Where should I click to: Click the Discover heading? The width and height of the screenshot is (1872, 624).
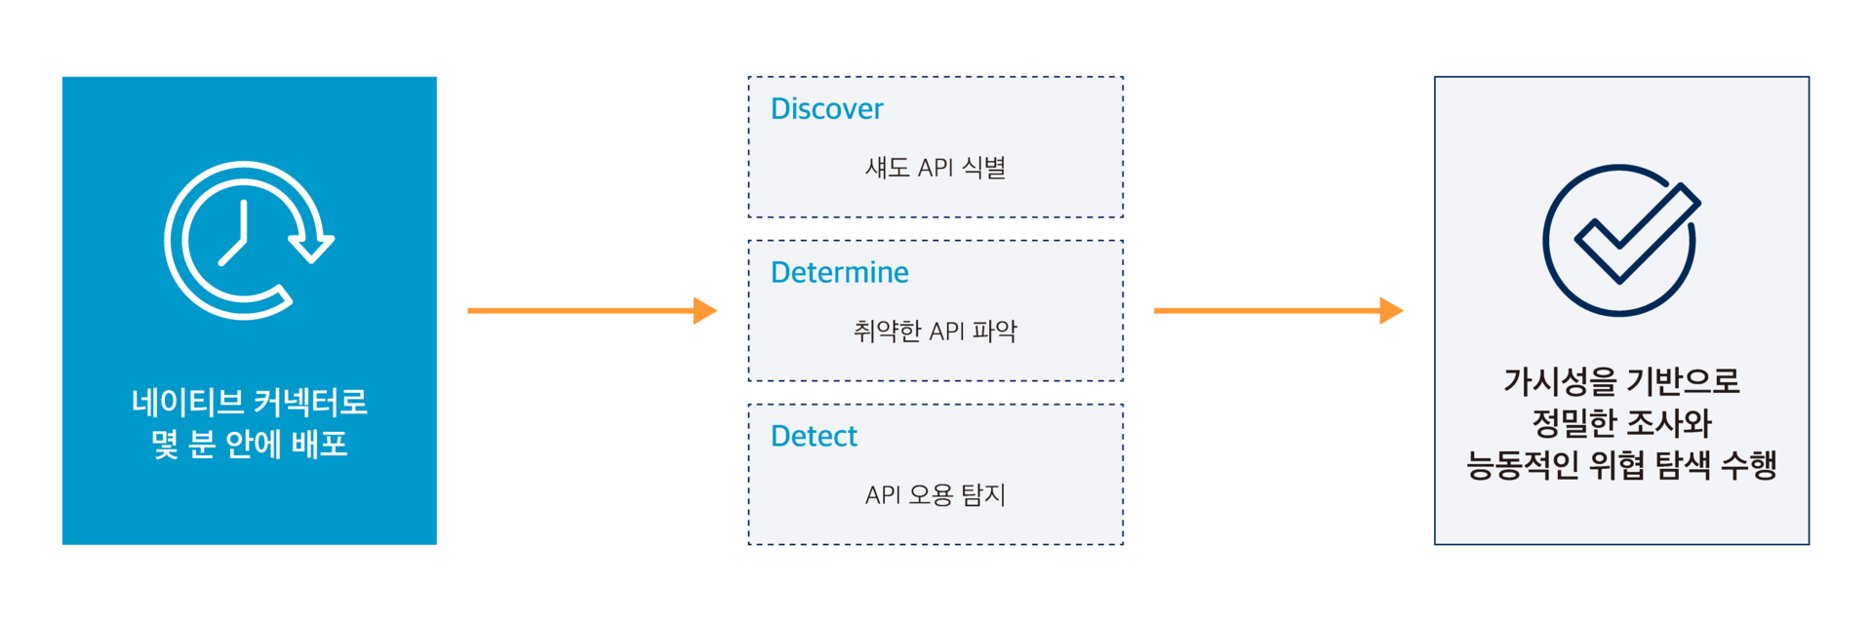826,108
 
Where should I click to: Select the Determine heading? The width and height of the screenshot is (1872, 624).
839,272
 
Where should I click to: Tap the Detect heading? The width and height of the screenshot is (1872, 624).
814,436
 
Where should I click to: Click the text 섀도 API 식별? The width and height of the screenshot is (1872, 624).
936,168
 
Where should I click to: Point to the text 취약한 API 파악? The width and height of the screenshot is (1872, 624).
936,331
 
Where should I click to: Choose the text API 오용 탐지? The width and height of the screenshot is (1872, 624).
936,495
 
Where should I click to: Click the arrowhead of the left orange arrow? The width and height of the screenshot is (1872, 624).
705,311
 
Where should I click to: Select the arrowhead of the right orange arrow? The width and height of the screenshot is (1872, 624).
1392,311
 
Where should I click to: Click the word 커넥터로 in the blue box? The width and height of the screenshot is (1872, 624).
310,403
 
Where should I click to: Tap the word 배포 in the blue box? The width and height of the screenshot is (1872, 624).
320,445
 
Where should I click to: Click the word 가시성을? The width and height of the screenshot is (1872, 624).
1559,381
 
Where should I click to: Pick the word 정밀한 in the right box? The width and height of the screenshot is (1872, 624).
1575,423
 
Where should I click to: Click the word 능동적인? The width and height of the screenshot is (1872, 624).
1523,465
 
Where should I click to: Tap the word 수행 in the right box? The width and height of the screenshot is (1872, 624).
1748,465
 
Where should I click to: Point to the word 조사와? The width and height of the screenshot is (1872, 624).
1671,423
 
